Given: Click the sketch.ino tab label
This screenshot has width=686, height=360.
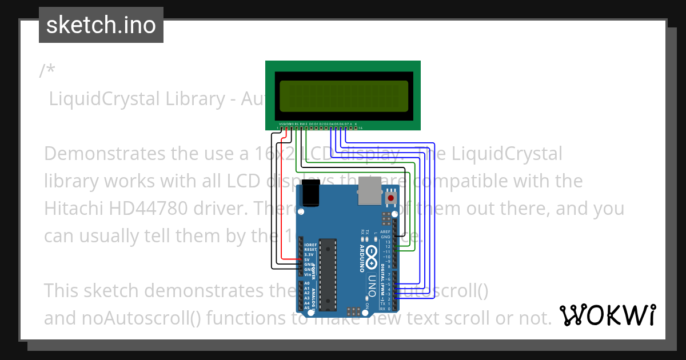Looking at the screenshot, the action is (x=101, y=25).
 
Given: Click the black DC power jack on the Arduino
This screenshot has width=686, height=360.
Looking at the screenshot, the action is (x=310, y=193).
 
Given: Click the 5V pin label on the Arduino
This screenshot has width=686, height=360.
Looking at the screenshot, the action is (x=306, y=259).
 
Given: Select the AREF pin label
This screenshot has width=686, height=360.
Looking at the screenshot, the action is (x=385, y=232).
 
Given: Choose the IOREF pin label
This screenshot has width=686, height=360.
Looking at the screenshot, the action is (x=310, y=245).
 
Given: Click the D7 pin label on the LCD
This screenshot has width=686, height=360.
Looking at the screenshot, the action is (x=346, y=124).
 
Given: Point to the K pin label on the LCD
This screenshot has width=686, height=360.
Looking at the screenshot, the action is (x=356, y=124).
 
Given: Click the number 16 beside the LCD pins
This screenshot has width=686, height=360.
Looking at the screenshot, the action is (x=361, y=129).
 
